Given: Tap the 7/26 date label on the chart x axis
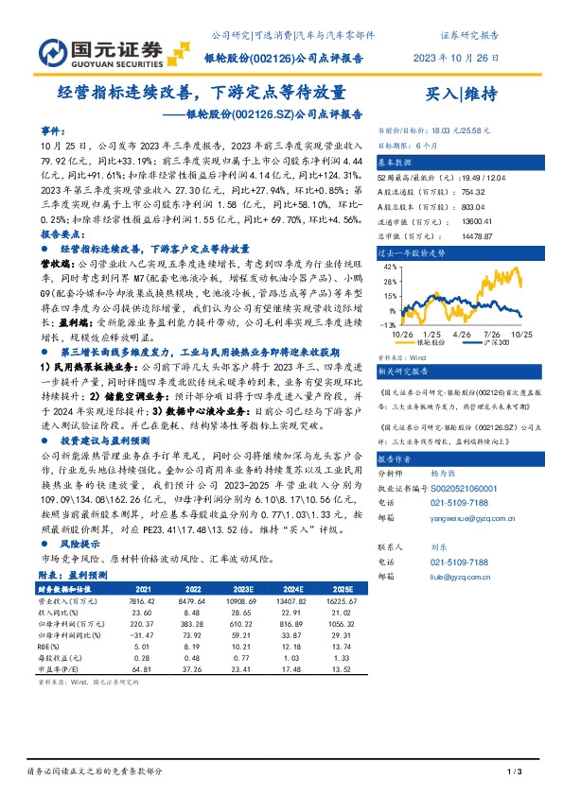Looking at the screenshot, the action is click(x=491, y=334).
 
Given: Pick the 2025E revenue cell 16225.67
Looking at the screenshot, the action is click(x=345, y=599).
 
